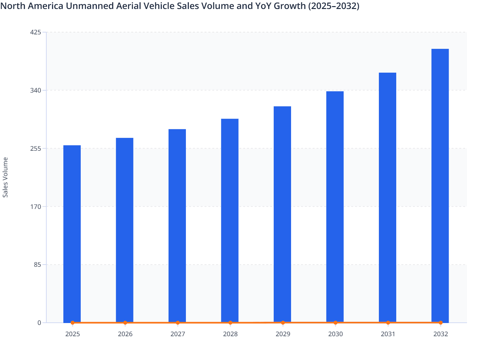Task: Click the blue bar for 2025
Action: point(72,234)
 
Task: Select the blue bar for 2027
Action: point(177,226)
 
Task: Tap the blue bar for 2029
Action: point(282,214)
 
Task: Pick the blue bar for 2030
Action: point(335,207)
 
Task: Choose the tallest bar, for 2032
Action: point(440,185)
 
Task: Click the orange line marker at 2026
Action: point(125,323)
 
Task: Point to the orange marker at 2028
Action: point(230,323)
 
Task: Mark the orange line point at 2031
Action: point(388,322)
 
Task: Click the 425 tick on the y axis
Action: point(35,32)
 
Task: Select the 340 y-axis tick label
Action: point(35,90)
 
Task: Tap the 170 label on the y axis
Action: point(35,207)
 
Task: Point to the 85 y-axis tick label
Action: point(37,265)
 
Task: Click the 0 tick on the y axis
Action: point(39,323)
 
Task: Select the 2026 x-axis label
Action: point(125,334)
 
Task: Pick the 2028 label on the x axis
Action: point(230,334)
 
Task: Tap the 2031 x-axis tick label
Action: point(388,334)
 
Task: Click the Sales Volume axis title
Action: point(5,177)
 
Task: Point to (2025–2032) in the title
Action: point(334,6)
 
